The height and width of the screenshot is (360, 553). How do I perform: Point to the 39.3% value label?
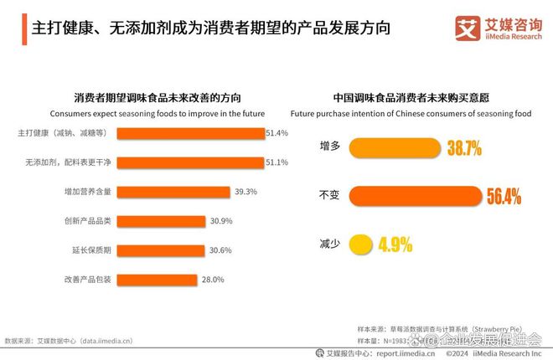click(245, 192)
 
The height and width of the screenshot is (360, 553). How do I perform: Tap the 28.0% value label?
click(213, 280)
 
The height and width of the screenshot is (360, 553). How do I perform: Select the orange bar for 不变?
click(415, 197)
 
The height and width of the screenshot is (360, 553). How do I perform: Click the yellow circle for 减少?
click(360, 245)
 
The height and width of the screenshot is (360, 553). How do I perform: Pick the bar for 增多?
click(395, 149)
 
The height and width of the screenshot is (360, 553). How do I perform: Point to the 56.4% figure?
click(504, 197)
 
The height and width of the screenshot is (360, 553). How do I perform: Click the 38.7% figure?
click(464, 149)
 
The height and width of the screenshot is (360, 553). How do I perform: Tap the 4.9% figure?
click(395, 245)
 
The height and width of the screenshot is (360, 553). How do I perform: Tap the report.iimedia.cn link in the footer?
click(406, 353)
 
